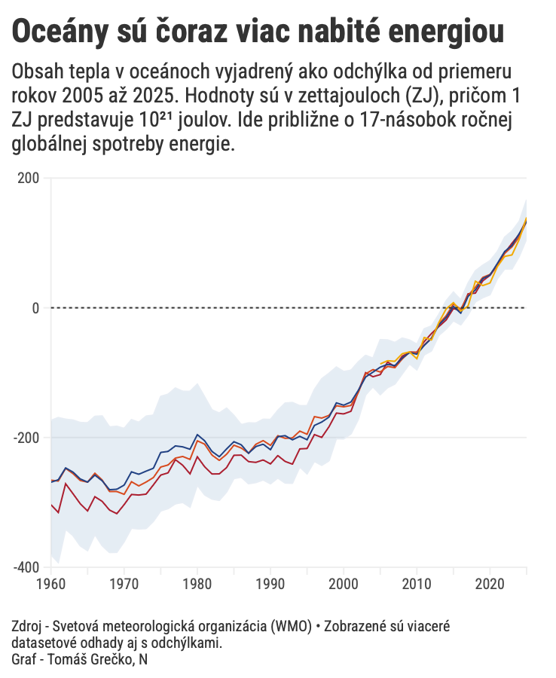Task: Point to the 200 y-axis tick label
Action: click(x=29, y=178)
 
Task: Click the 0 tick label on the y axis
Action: click(x=35, y=307)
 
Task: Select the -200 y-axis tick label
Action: click(x=27, y=437)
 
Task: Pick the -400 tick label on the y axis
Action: click(x=27, y=567)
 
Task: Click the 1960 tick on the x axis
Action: click(x=51, y=584)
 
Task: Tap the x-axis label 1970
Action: click(x=124, y=584)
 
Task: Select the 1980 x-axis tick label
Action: click(x=197, y=584)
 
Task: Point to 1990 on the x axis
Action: click(x=270, y=584)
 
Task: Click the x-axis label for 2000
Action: click(x=344, y=584)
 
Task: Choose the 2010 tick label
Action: click(x=417, y=584)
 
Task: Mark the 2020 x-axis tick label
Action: click(x=490, y=584)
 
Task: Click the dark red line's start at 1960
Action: click(x=51, y=505)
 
